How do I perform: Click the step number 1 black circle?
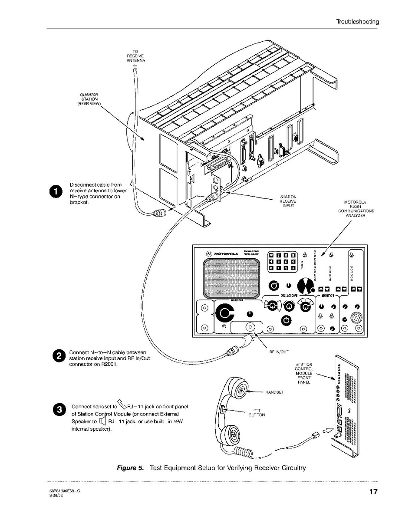point(56,192)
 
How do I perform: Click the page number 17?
point(373,492)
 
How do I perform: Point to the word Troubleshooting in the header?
point(357,21)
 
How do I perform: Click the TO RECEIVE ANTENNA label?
point(135,56)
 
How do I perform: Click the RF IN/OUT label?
point(280,351)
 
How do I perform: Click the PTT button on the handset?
point(222,410)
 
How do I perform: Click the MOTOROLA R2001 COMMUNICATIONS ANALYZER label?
point(356,208)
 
